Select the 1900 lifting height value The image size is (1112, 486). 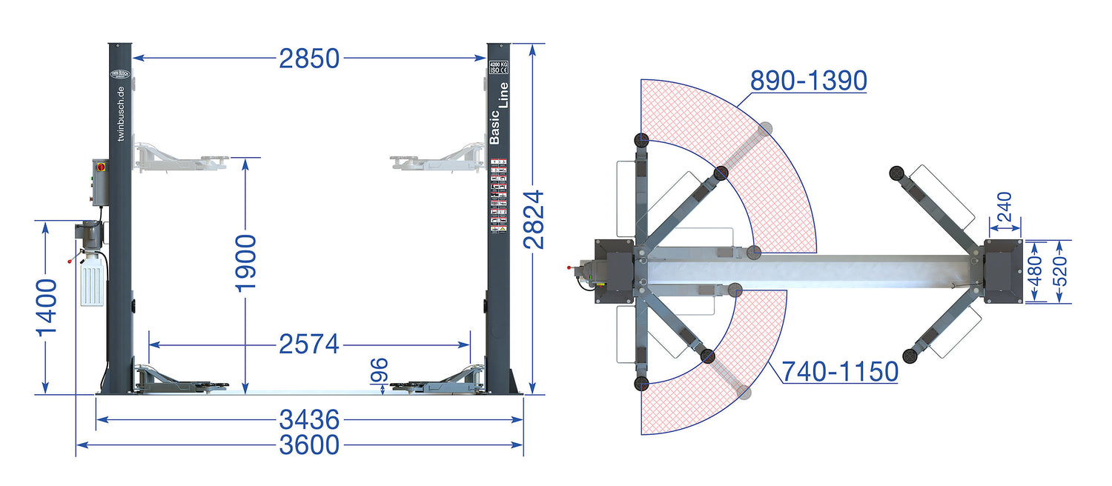[245, 263]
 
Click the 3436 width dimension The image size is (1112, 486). [309, 420]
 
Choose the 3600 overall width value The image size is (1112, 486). [309, 445]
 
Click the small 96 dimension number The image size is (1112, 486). [380, 371]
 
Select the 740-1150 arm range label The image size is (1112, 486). [840, 371]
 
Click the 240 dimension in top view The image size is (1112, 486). [1005, 207]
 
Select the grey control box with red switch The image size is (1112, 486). [100, 182]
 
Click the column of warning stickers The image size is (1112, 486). [499, 196]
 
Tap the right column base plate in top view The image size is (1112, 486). [1002, 271]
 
